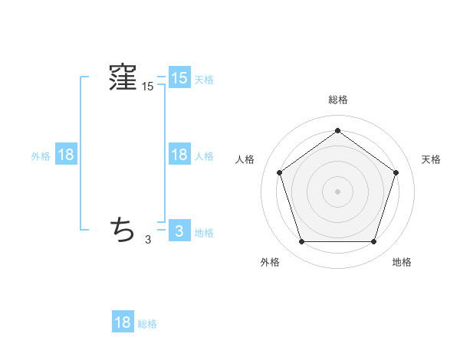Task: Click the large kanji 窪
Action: pyautogui.click(x=123, y=77)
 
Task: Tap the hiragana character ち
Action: pyautogui.click(x=123, y=228)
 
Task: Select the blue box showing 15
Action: pyautogui.click(x=179, y=77)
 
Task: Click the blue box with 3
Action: pyautogui.click(x=179, y=231)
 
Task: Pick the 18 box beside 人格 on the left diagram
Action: pyautogui.click(x=179, y=155)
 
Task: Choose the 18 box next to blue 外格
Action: pyautogui.click(x=66, y=155)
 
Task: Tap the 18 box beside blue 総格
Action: pyautogui.click(x=123, y=322)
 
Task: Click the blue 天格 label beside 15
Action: pyautogui.click(x=204, y=79)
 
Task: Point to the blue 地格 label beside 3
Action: pyautogui.click(x=204, y=233)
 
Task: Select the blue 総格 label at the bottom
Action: pyautogui.click(x=147, y=324)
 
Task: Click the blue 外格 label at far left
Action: pyautogui.click(x=41, y=156)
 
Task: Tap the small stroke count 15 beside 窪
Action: pyautogui.click(x=148, y=87)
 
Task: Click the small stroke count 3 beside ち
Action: pyautogui.click(x=148, y=240)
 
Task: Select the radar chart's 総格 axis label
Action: pyautogui.click(x=338, y=100)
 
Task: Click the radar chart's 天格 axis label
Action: pyautogui.click(x=431, y=159)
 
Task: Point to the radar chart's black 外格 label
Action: pyautogui.click(x=270, y=262)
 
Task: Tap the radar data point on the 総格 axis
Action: pyautogui.click(x=338, y=131)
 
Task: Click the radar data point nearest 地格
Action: pyautogui.click(x=374, y=242)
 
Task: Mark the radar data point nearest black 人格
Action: pyautogui.click(x=279, y=172)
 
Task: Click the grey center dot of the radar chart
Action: pyautogui.click(x=338, y=191)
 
